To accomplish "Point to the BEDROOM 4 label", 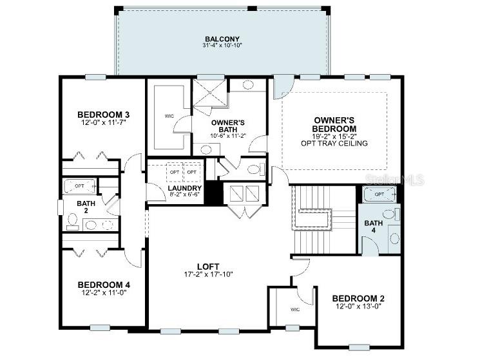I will (x=104, y=285).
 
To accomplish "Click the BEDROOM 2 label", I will (x=358, y=298).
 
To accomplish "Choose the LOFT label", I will (x=208, y=266).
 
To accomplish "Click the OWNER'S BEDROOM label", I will (x=334, y=124).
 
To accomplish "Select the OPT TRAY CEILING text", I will (x=334, y=143).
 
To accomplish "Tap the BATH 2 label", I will (x=86, y=207).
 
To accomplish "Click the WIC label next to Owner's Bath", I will (x=169, y=116).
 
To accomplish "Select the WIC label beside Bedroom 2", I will (x=295, y=310).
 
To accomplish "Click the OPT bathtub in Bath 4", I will (x=379, y=194).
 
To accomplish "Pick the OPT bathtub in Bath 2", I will (x=80, y=185).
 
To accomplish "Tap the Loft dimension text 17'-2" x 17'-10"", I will (x=208, y=274).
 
